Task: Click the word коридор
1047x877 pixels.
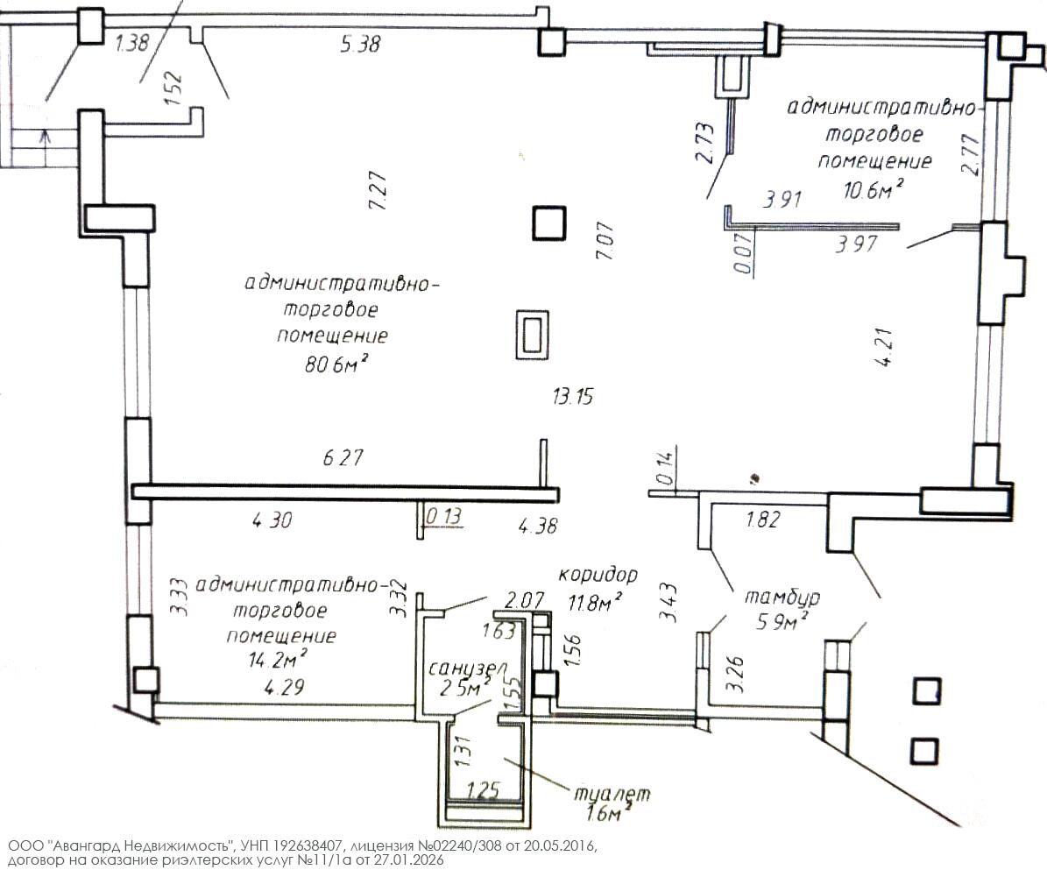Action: pyautogui.click(x=597, y=575)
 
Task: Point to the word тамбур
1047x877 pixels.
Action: pyautogui.click(x=782, y=598)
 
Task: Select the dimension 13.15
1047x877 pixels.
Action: pyautogui.click(x=573, y=397)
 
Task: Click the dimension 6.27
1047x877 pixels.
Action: pyautogui.click(x=343, y=457)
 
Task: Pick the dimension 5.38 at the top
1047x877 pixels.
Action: pyautogui.click(x=359, y=44)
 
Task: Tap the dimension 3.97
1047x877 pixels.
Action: pyautogui.click(x=856, y=245)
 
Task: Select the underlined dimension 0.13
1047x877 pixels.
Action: pyautogui.click(x=442, y=516)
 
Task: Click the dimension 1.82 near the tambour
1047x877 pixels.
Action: pyautogui.click(x=761, y=520)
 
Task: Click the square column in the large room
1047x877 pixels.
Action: pyautogui.click(x=550, y=223)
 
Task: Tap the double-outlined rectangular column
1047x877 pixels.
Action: pyautogui.click(x=532, y=335)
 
